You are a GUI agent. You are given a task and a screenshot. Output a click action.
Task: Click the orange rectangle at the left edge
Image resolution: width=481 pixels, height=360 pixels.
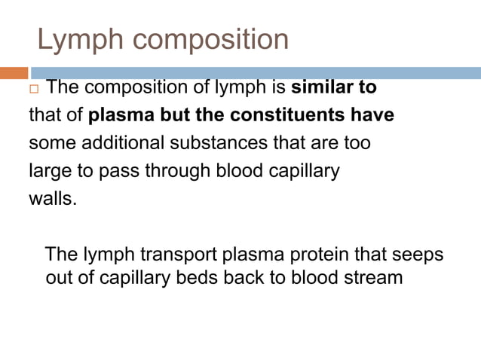(14, 73)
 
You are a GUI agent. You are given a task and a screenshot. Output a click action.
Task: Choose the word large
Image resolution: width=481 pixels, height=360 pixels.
(47, 171)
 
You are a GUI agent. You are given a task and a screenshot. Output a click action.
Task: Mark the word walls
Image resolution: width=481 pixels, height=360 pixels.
(52, 198)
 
